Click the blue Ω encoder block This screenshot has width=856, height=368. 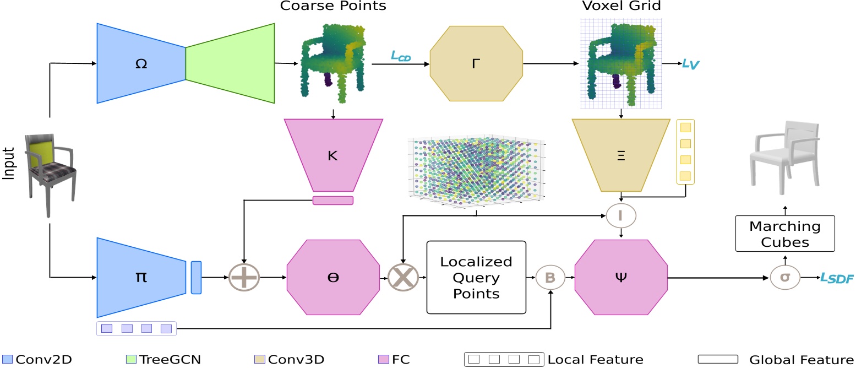coord(141,63)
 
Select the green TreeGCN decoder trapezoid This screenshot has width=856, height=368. coord(230,63)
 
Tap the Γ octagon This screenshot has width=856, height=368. coord(476,63)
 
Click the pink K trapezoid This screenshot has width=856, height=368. coord(332,155)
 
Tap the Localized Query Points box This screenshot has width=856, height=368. coord(476,278)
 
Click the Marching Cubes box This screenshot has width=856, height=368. coord(785,234)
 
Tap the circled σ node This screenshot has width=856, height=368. coord(785,278)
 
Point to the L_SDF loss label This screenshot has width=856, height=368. coord(836,279)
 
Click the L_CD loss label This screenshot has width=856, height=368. coord(400,55)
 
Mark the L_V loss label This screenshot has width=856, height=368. coord(691,64)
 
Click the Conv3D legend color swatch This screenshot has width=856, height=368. coord(260,360)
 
